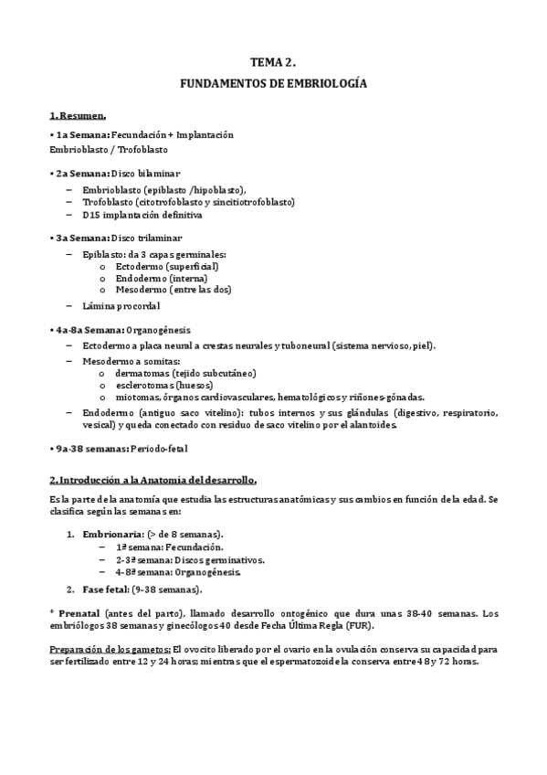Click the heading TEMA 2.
tap(272, 62)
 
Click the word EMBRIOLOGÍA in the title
tap(326, 83)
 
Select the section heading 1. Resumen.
tap(78, 116)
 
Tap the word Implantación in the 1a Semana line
tap(205, 134)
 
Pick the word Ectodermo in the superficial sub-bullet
tap(140, 266)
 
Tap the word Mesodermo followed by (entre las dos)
tap(142, 290)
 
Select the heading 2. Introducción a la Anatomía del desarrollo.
tap(153, 480)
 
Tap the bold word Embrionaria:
tap(111, 534)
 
